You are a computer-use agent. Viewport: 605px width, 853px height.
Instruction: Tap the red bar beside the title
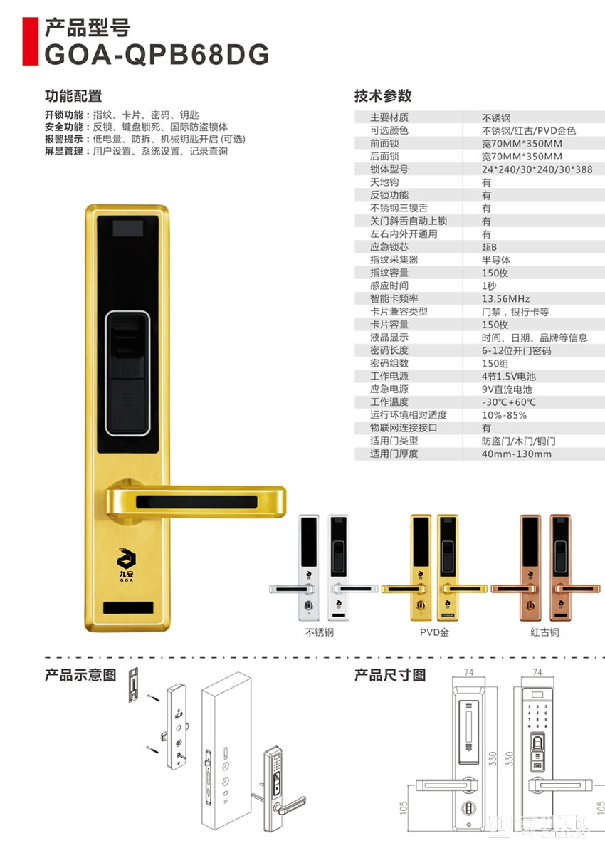click(29, 40)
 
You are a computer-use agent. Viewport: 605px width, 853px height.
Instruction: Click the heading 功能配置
click(73, 96)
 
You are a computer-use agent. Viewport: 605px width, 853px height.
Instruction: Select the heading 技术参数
click(383, 96)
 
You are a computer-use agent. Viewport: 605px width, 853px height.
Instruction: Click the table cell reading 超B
click(489, 247)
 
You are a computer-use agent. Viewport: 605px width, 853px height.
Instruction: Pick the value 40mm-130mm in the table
click(516, 454)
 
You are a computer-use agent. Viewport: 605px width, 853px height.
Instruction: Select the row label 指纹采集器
click(394, 260)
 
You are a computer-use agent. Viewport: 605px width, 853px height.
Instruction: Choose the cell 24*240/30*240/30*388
click(537, 169)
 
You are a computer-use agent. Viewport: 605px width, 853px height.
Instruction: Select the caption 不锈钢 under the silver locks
click(319, 632)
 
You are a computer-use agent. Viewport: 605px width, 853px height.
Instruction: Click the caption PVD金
click(434, 632)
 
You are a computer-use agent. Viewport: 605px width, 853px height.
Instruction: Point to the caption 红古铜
click(545, 632)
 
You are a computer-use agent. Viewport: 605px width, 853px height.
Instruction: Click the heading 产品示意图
click(80, 675)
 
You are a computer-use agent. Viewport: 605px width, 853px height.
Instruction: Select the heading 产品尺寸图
click(390, 675)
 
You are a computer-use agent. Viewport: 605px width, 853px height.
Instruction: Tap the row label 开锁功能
click(63, 115)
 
